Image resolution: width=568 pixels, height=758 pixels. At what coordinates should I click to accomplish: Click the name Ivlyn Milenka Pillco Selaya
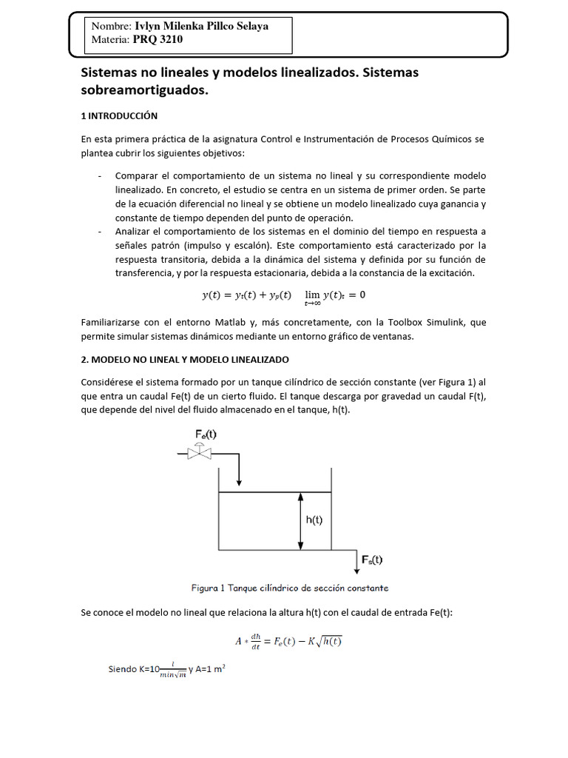pyautogui.click(x=201, y=26)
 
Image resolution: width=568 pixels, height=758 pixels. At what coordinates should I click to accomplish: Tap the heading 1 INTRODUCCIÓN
pyautogui.click(x=119, y=116)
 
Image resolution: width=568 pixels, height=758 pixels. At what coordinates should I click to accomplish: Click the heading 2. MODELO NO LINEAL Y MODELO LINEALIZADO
pyautogui.click(x=185, y=359)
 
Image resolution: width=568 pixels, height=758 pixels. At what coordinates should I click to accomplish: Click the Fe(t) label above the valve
pyautogui.click(x=206, y=434)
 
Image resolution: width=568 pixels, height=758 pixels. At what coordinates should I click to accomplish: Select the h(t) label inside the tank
pyautogui.click(x=314, y=520)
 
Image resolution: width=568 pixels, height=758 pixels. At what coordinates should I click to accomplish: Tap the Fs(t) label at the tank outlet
pyautogui.click(x=372, y=560)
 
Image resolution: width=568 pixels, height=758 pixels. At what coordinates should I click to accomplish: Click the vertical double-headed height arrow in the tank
pyautogui.click(x=300, y=520)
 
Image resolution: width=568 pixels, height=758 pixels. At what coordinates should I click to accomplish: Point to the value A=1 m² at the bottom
pyautogui.click(x=211, y=669)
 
